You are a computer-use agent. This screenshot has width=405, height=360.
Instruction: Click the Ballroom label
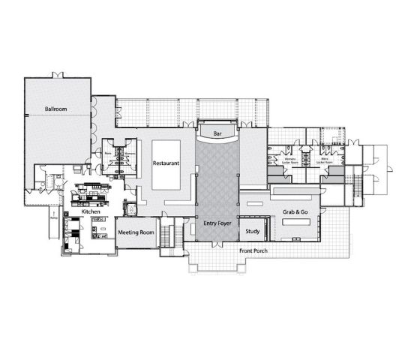pyautogui.click(x=56, y=109)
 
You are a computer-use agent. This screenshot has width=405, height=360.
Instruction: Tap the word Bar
pyautogui.click(x=217, y=133)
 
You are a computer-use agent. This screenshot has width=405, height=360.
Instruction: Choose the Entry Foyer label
pyautogui.click(x=217, y=223)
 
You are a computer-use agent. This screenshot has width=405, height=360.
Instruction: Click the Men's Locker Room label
pyautogui.click(x=325, y=160)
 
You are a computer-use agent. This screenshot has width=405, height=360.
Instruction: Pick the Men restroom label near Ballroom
pyautogui.click(x=108, y=154)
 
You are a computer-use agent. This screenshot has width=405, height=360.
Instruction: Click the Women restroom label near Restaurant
pyautogui.click(x=128, y=154)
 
